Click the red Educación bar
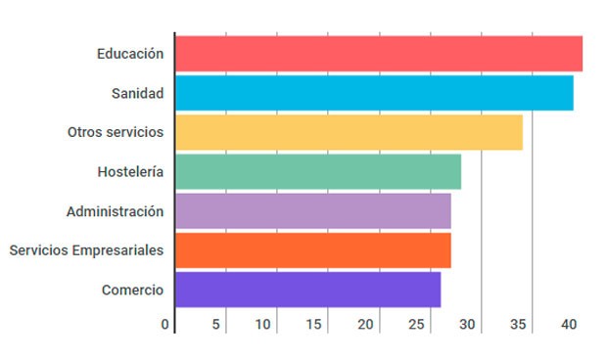click(379, 53)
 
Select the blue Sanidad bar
click(374, 93)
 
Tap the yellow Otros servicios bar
click(349, 132)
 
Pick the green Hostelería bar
click(318, 172)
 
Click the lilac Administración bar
click(313, 211)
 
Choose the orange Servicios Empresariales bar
click(313, 250)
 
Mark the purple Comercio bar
click(307, 290)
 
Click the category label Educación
click(130, 53)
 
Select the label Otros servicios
click(116, 132)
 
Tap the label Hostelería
click(130, 172)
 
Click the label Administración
click(116, 211)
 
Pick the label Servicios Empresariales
click(86, 250)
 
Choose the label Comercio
click(132, 290)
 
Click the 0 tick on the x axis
click(165, 324)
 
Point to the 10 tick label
click(263, 324)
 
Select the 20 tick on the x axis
click(366, 324)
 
